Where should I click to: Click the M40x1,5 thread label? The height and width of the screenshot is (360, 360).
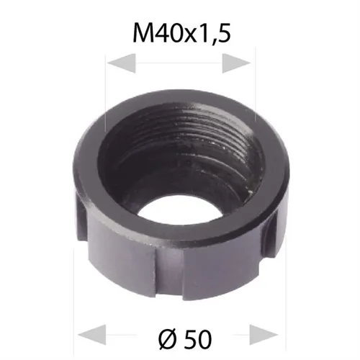tap(179, 32)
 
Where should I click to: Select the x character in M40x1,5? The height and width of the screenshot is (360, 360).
tap(189, 35)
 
